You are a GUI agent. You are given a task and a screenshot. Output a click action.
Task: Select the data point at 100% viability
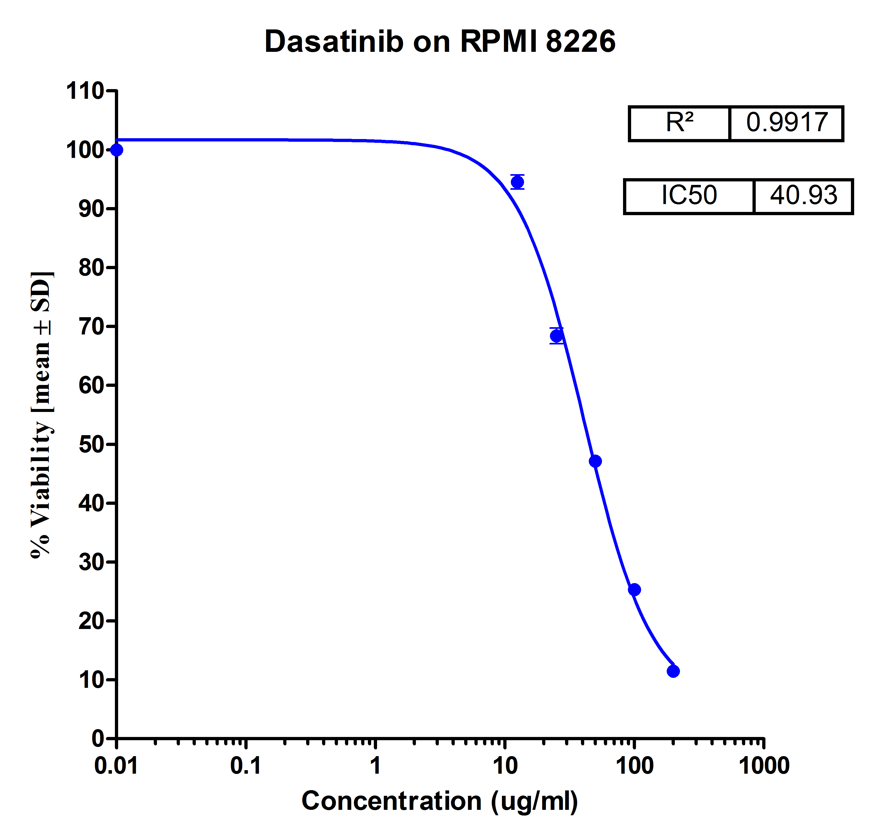click(x=117, y=150)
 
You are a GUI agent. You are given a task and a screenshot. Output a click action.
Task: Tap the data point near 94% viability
click(x=517, y=182)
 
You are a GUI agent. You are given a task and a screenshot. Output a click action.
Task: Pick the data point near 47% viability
click(x=596, y=461)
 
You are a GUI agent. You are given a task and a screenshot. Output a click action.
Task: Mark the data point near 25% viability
click(x=634, y=590)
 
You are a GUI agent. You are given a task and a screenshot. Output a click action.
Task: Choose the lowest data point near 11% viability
click(x=673, y=671)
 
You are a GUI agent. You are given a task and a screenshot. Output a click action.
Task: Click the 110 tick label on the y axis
click(x=85, y=92)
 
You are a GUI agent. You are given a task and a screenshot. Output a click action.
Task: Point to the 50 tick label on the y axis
click(x=91, y=445)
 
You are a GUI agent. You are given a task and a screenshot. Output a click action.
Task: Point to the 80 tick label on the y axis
click(x=91, y=268)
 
